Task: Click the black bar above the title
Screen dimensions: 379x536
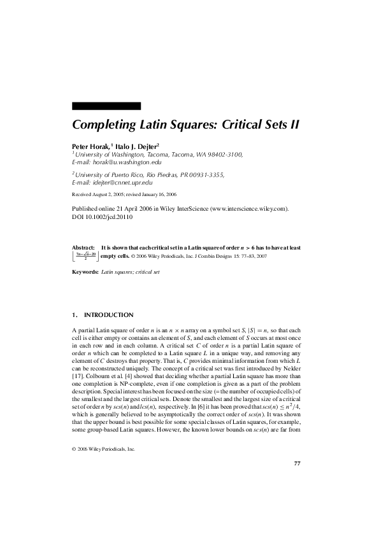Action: click(x=106, y=106)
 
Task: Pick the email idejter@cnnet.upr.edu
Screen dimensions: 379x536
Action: click(x=121, y=183)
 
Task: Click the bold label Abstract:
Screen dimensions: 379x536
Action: click(x=83, y=246)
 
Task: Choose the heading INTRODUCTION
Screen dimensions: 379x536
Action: click(x=109, y=315)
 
